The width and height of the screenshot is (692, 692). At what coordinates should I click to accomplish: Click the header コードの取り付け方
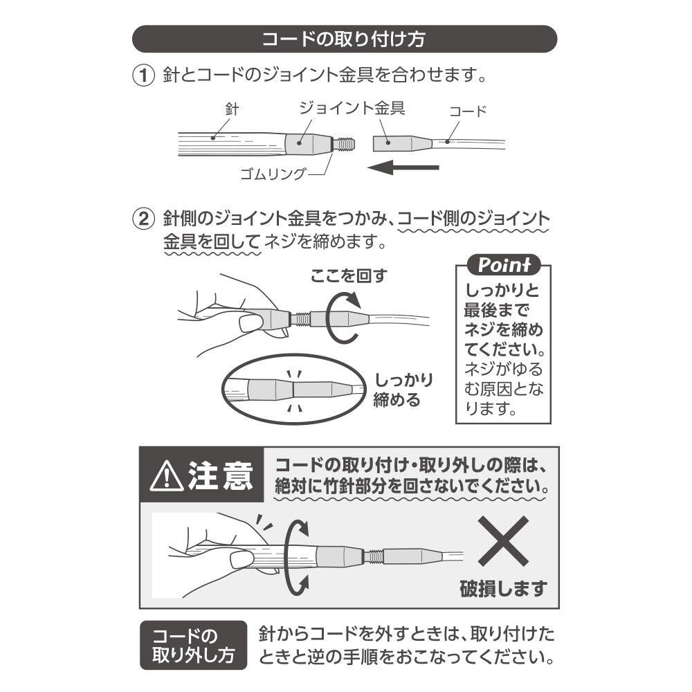tap(344, 39)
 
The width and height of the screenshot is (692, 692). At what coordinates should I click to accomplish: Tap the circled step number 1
tap(142, 75)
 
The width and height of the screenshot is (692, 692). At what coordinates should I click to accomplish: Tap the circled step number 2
tap(142, 219)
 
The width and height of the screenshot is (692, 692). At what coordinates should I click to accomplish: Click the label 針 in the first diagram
tap(232, 109)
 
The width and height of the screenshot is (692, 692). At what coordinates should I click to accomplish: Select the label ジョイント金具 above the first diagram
tap(351, 108)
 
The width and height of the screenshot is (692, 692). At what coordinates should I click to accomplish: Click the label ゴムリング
tap(271, 173)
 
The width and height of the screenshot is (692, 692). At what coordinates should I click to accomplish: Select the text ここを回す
tap(348, 275)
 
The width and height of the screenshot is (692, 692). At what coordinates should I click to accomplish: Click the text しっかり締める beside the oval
tap(403, 390)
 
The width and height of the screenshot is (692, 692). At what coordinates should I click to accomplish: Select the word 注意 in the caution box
tap(221, 476)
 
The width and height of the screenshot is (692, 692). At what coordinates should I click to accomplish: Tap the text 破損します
tap(504, 589)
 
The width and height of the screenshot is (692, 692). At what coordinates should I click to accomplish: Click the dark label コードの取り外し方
tap(193, 645)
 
